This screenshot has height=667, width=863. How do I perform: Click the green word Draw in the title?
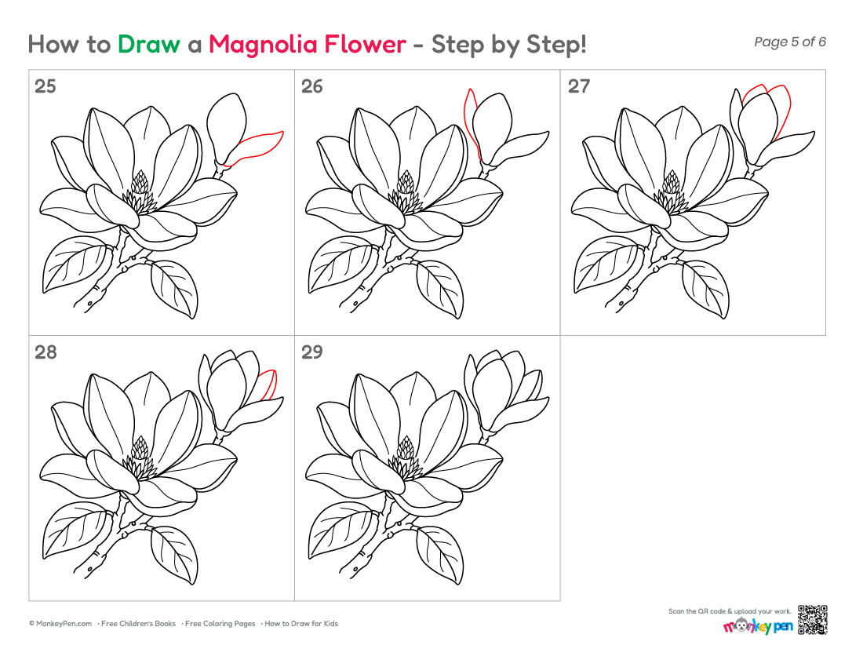(148, 45)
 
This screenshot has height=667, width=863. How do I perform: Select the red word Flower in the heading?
(365, 45)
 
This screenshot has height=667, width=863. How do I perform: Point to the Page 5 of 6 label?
(790, 42)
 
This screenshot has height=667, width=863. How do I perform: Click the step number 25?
(46, 86)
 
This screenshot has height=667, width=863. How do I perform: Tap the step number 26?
(311, 86)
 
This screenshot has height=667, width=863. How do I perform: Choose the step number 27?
(578, 86)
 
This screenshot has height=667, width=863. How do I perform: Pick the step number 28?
(46, 352)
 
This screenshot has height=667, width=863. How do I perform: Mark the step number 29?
(311, 352)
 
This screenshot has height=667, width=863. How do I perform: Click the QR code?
(813, 620)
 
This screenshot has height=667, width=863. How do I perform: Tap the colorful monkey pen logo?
(758, 625)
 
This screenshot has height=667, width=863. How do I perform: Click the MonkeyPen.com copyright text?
(60, 624)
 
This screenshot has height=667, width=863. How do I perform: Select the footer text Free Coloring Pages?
(220, 624)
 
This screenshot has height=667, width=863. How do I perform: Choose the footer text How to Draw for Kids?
(301, 624)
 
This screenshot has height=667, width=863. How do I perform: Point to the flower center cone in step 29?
(406, 449)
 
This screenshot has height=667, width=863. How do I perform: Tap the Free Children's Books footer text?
(138, 624)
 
